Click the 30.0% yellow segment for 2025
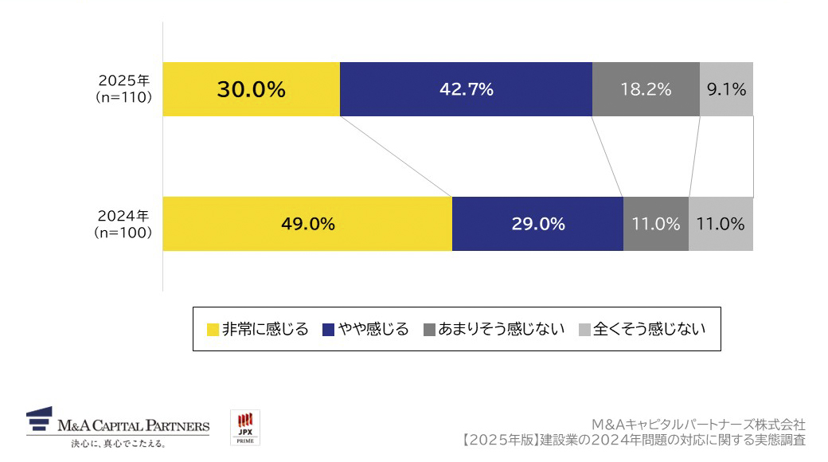251,89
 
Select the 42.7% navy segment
466,89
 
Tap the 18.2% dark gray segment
646,89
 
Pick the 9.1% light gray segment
726,89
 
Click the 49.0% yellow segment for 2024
307,224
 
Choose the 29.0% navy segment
537,224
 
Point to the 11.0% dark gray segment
656,224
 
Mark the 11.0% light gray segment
721,224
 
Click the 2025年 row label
123,80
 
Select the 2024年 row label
123,215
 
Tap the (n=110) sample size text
123,97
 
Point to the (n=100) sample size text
123,233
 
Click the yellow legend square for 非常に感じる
213,330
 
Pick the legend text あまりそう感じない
502,329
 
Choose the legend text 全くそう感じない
650,329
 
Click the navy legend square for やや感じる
328,330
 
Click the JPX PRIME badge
245,428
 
